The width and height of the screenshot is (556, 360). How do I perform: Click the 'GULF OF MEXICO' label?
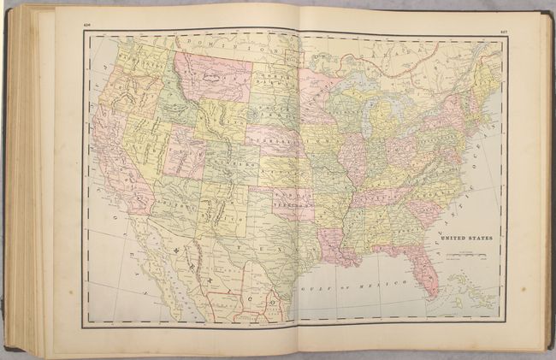(341, 287)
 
